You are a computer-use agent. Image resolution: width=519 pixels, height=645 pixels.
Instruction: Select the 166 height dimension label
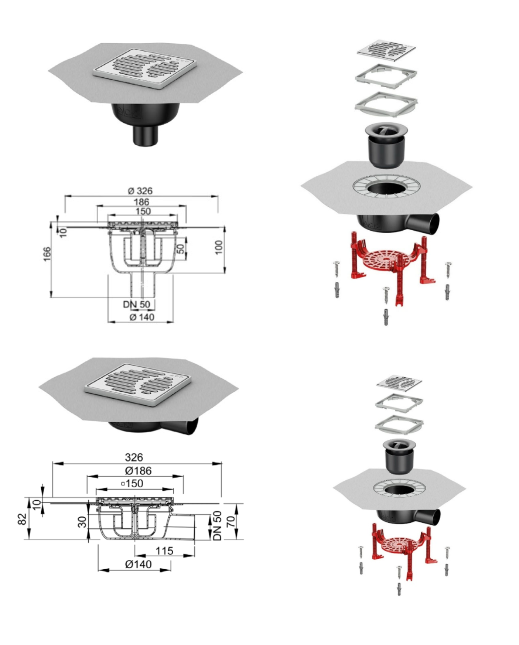(x=47, y=254)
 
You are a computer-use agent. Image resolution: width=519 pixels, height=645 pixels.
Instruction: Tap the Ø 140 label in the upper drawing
(x=142, y=317)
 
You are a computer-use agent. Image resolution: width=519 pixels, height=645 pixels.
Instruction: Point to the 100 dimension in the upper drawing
(x=219, y=247)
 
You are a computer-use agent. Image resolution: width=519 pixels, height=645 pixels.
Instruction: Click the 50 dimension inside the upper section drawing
(x=180, y=248)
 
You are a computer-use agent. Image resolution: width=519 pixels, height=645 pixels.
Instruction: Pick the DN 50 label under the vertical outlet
(x=137, y=304)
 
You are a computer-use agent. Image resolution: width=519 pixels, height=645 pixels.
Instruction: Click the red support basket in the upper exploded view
(x=393, y=268)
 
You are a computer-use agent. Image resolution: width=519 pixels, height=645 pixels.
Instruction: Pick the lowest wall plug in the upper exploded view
(x=386, y=317)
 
